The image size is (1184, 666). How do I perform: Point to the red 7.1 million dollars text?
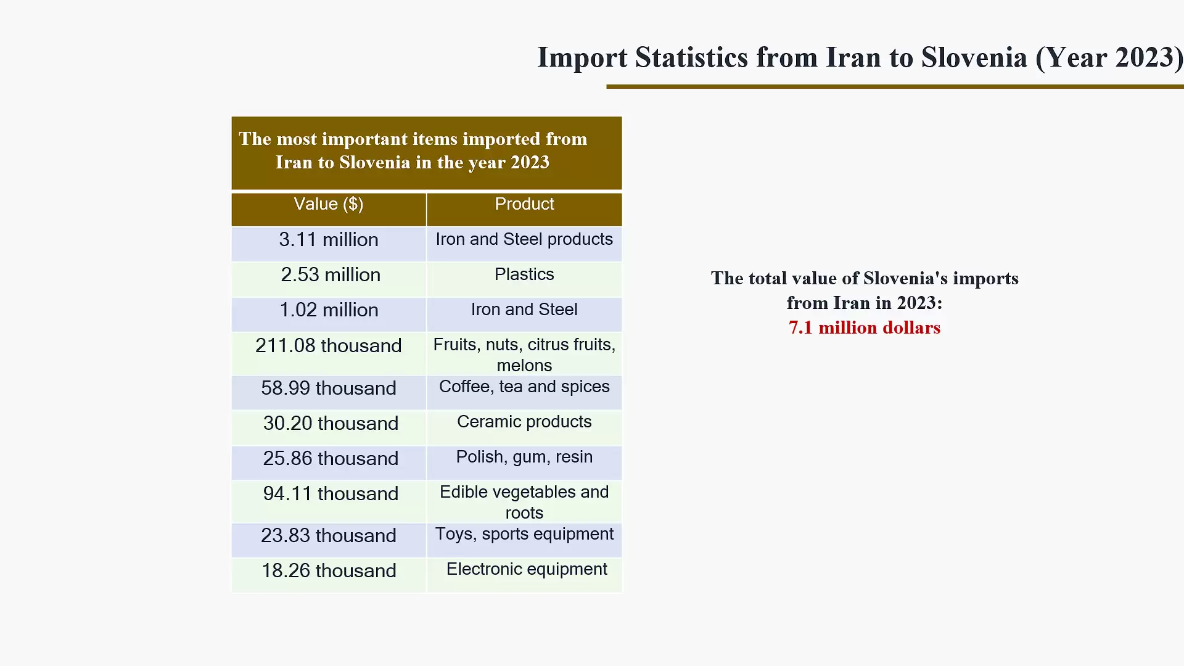(x=864, y=327)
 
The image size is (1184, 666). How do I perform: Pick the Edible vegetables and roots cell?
(x=524, y=502)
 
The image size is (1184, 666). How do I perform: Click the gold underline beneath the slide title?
(x=894, y=87)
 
